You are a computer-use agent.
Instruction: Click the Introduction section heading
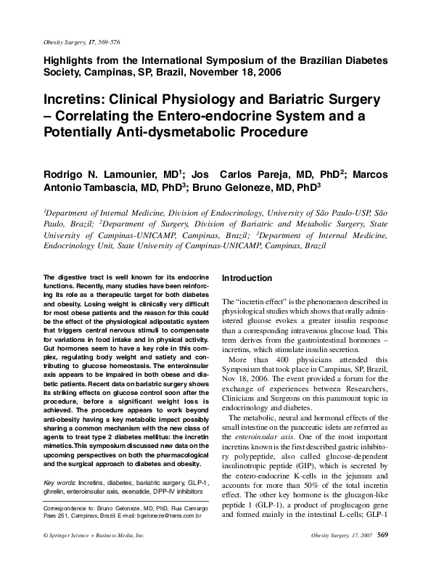(247, 278)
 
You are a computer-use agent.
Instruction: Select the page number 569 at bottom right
(384, 555)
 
